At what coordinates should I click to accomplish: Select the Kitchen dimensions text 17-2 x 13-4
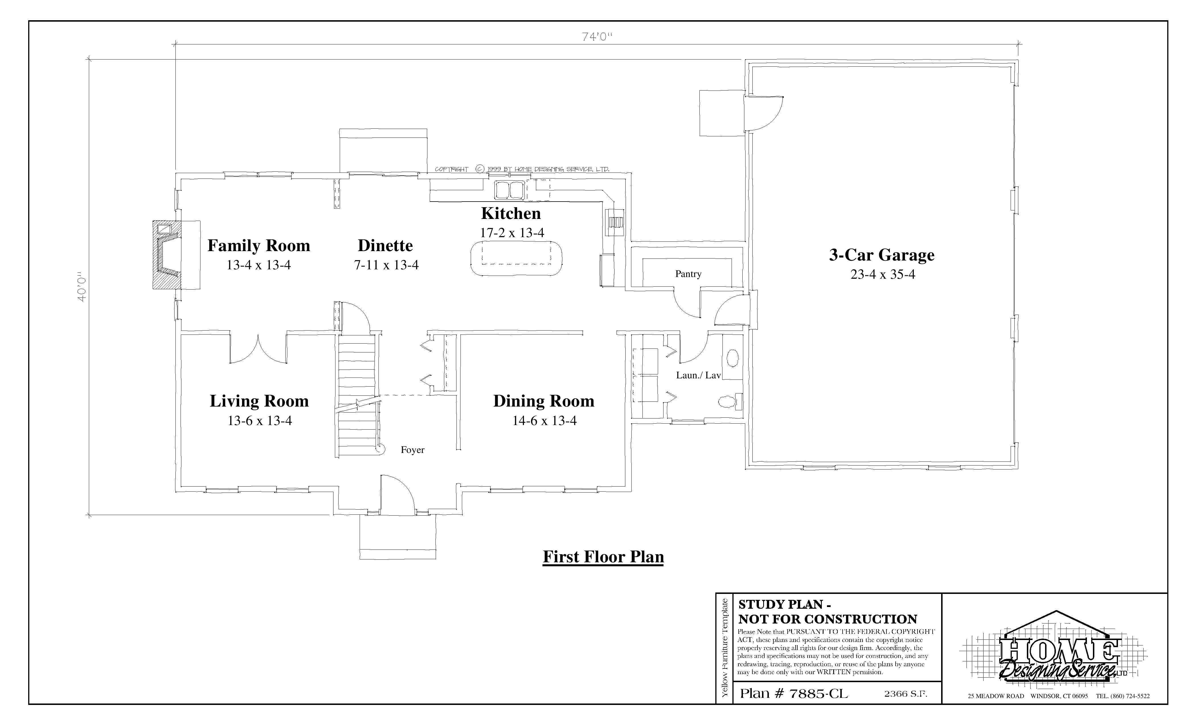[x=512, y=233]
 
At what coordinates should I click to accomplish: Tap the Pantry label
[x=688, y=274]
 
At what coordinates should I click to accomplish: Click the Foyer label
[x=413, y=450]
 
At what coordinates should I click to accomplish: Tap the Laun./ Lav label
[x=699, y=375]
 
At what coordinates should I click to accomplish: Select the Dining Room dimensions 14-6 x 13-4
[x=544, y=421]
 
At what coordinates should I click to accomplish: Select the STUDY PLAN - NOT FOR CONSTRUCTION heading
[x=828, y=612]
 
